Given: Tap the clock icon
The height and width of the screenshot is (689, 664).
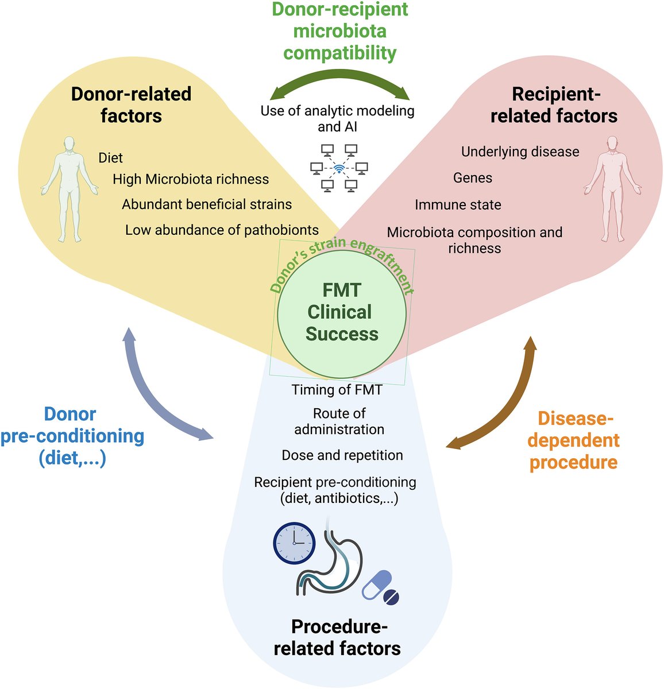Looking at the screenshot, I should point(294,543).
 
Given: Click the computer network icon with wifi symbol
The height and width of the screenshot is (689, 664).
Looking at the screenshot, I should point(339,168).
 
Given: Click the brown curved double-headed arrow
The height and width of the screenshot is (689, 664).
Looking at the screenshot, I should point(500,402).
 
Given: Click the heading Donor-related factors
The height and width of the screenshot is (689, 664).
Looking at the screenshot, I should point(131,105).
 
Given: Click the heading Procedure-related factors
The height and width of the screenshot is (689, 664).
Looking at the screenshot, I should point(337,637).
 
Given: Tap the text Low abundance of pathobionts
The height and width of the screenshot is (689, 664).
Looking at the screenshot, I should point(222,230).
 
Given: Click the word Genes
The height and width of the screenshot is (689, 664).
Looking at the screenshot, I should point(473,178).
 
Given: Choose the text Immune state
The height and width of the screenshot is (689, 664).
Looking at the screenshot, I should point(458,205).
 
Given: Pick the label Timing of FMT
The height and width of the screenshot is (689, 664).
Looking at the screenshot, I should point(337,390).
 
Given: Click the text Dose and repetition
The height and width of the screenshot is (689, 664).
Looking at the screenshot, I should point(342,455).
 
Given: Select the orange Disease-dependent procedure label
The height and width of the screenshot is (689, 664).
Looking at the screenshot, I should point(573,440).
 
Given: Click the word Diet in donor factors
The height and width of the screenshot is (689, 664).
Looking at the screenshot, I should point(111,157).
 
